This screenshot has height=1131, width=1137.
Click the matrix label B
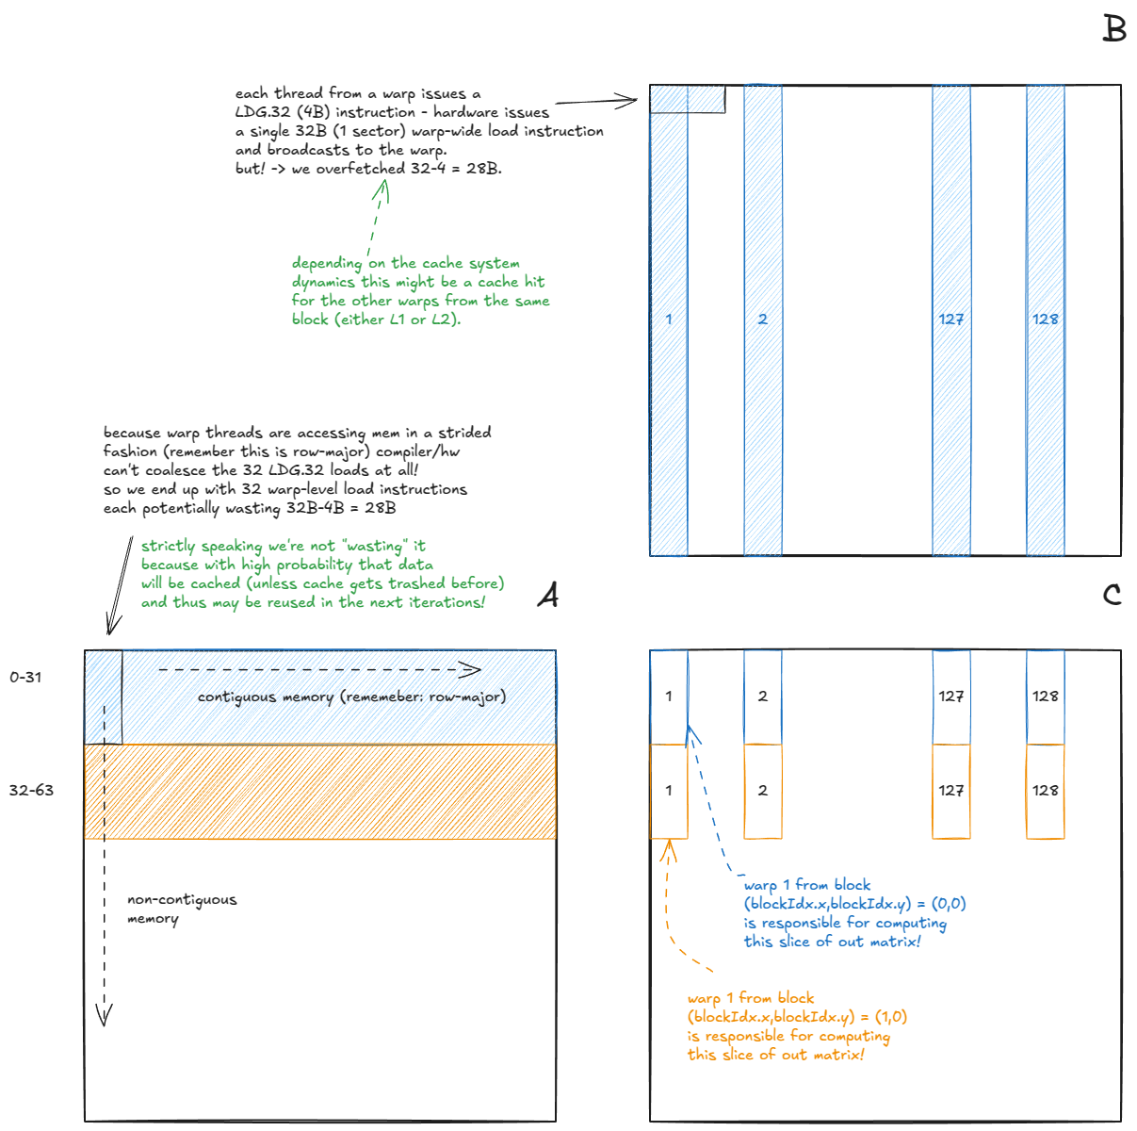click(x=1114, y=29)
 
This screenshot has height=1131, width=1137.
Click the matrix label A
click(x=547, y=595)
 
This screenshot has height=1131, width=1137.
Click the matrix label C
click(x=1113, y=595)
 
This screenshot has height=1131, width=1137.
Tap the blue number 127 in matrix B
click(x=950, y=320)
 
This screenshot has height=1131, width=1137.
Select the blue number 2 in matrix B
click(x=762, y=320)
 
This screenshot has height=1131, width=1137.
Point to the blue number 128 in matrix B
click(x=1045, y=320)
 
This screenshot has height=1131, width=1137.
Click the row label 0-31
click(x=25, y=678)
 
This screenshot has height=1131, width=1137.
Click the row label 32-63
click(x=31, y=791)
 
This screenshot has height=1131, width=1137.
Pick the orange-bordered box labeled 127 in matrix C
click(x=950, y=791)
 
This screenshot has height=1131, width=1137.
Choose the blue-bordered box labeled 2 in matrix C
click(x=762, y=697)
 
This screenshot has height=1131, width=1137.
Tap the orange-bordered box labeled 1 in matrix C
click(x=669, y=791)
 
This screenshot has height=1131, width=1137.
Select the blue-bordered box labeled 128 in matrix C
click(x=1045, y=697)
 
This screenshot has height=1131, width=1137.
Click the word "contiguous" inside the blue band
click(x=236, y=697)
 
